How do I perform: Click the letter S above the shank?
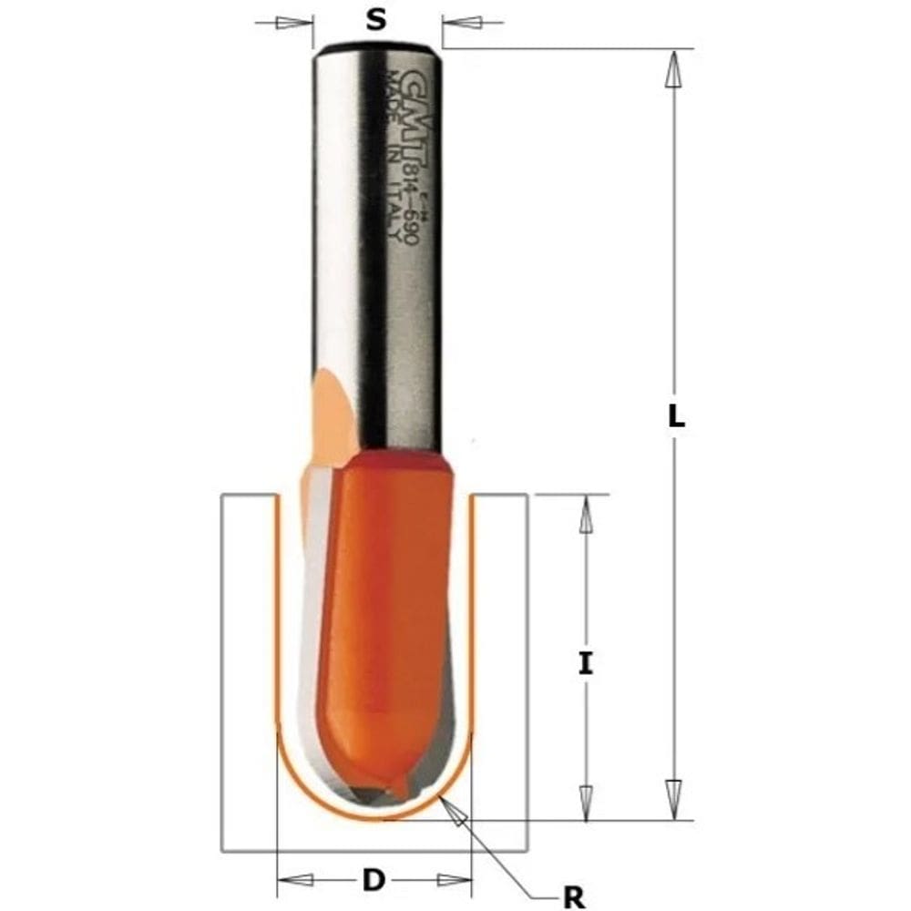(375, 20)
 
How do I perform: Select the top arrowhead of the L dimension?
(674, 69)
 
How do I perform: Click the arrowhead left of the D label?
(295, 880)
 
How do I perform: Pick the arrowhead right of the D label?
(452, 880)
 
